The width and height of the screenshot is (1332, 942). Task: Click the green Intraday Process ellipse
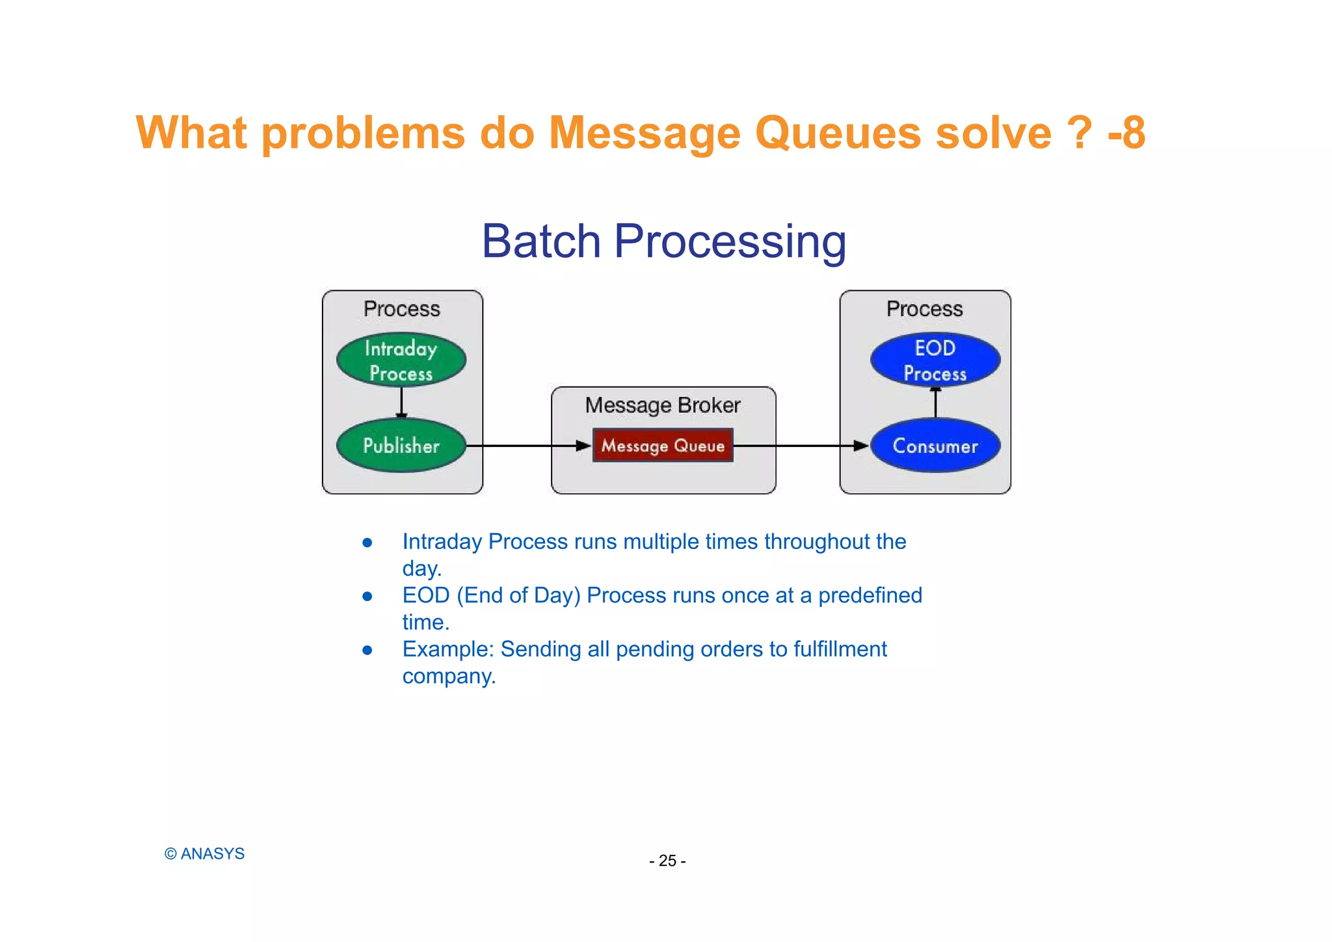(401, 360)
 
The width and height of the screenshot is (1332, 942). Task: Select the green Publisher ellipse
(401, 446)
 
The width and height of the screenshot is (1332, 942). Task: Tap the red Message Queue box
(663, 446)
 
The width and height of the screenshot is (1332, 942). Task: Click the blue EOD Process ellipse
(935, 360)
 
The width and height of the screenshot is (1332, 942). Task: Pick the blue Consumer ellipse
(935, 446)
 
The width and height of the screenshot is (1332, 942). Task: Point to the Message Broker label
(663, 405)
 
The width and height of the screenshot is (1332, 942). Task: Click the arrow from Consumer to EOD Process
(935, 403)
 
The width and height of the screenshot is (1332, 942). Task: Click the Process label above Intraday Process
(401, 309)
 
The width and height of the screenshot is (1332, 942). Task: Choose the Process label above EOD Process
(924, 309)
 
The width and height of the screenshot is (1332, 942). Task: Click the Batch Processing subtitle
(663, 241)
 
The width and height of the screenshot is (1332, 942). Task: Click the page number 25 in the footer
(667, 861)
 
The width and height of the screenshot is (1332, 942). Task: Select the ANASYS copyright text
(205, 854)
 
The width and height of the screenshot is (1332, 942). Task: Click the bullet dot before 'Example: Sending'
(367, 650)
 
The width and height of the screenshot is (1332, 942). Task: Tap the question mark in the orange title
(1080, 133)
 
